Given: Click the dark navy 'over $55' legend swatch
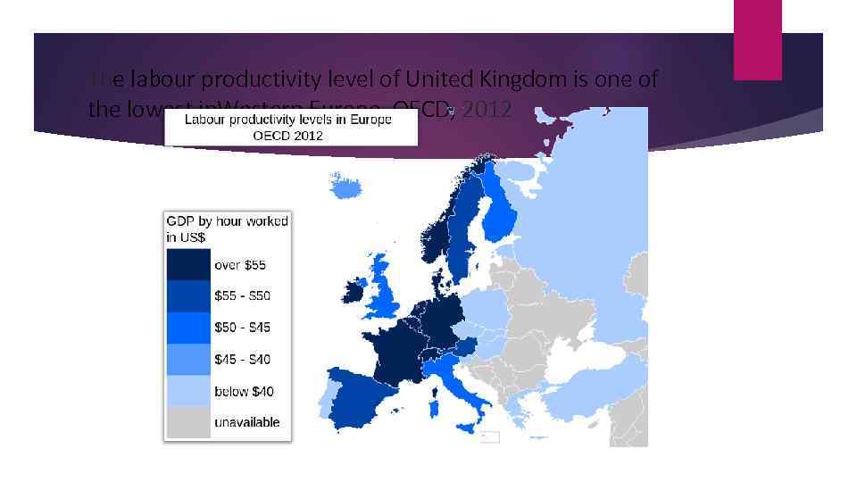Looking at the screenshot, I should [x=187, y=264].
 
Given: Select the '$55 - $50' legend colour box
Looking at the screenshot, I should [x=187, y=295].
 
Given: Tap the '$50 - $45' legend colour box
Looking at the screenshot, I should [x=187, y=328].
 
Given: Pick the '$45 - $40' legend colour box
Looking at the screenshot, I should [x=187, y=359].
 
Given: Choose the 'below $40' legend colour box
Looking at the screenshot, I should [x=187, y=391].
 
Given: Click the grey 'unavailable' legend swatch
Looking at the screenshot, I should [x=187, y=421].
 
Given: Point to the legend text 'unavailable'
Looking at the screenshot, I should [x=246, y=422].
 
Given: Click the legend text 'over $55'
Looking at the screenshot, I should [x=239, y=265].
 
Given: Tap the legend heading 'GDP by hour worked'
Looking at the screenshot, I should [x=227, y=221].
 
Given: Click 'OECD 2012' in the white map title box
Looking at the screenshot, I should [x=288, y=136].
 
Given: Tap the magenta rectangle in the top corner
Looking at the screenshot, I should [x=757, y=39].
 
